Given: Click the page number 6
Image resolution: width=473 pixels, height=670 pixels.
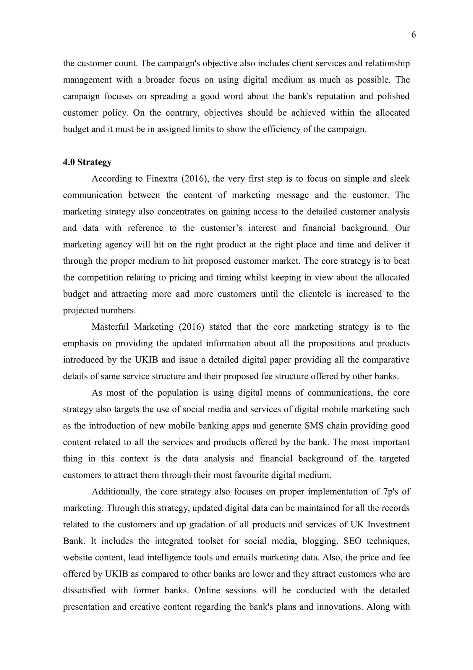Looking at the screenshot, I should pyautogui.click(x=413, y=35).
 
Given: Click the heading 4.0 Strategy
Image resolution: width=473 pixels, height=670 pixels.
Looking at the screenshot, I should pyautogui.click(x=87, y=162).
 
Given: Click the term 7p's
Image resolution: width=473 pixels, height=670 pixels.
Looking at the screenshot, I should pyautogui.click(x=388, y=492).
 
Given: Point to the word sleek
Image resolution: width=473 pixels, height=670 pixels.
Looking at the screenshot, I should pyautogui.click(x=399, y=179).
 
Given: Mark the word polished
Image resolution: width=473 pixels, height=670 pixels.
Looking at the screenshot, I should pyautogui.click(x=393, y=96).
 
